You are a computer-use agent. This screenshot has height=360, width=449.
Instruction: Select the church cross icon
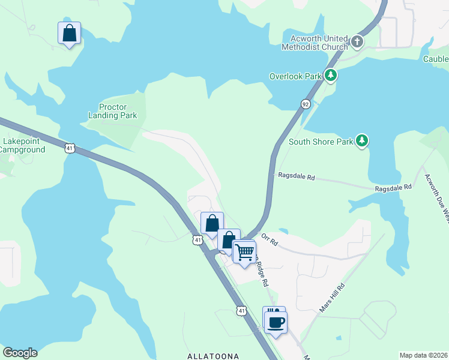(x=357, y=42)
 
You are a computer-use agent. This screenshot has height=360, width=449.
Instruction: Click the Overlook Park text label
(x=295, y=76)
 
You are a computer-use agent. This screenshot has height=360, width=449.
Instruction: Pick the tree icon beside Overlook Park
(x=330, y=76)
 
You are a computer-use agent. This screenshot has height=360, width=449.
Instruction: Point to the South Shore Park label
(x=319, y=142)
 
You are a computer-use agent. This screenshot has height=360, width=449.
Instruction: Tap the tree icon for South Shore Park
(x=361, y=141)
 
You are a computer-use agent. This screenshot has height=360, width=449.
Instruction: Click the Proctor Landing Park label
(x=113, y=111)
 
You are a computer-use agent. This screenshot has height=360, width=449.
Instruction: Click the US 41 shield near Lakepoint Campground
(x=70, y=148)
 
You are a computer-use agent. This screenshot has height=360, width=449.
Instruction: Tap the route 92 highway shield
(x=306, y=104)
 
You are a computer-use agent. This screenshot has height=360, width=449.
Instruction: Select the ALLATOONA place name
(x=214, y=356)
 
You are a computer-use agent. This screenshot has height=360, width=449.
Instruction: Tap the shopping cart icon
(x=244, y=252)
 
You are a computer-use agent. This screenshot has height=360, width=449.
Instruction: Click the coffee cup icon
(x=276, y=323)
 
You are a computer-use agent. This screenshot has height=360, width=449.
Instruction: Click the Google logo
(x=20, y=353)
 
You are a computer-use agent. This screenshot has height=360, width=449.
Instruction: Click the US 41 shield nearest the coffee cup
(x=241, y=311)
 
